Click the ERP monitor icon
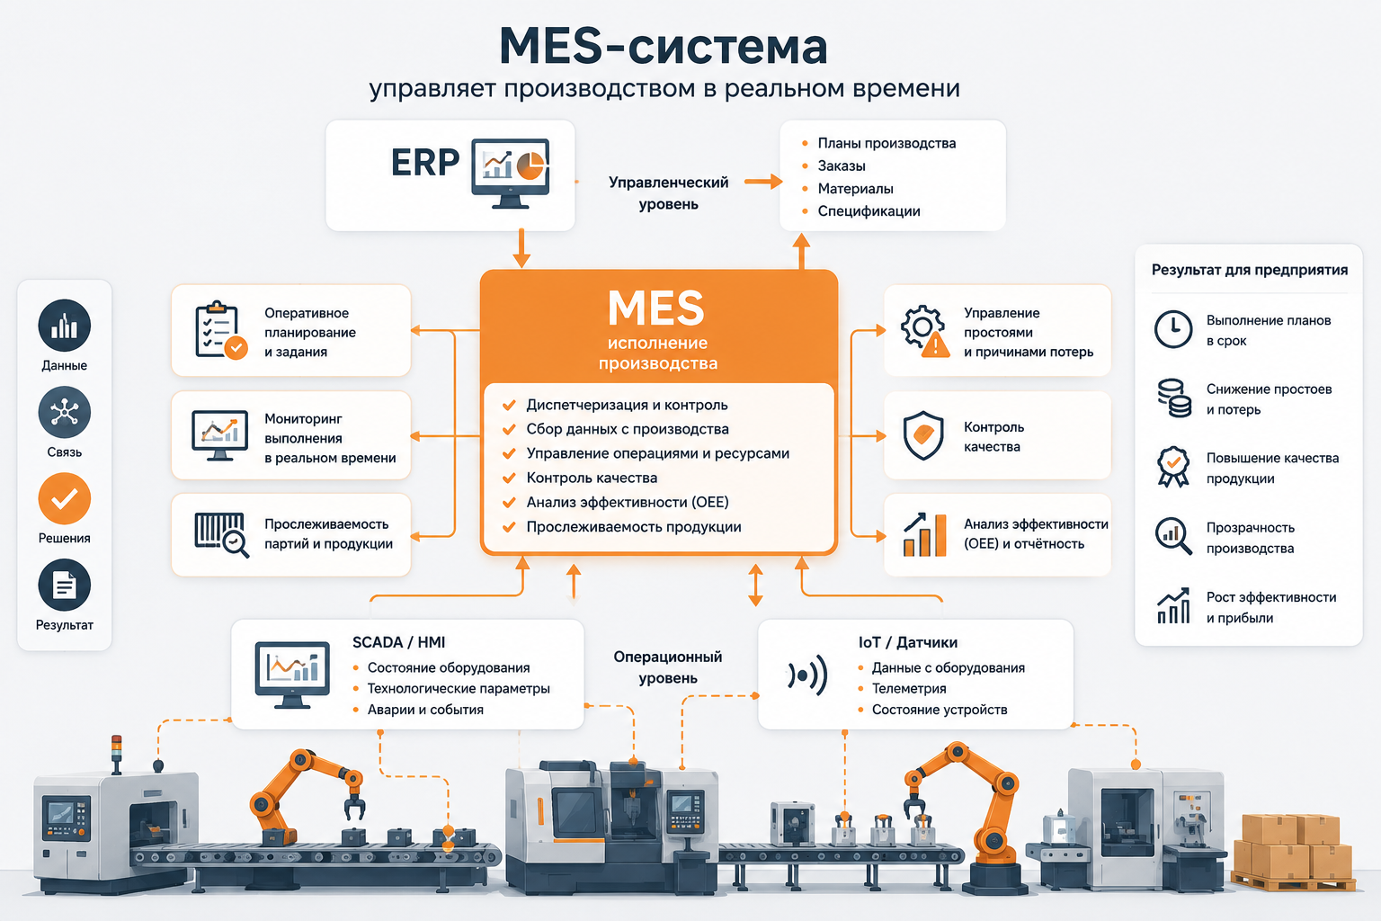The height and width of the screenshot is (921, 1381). (x=510, y=174)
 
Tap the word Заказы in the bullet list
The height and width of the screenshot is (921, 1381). (x=841, y=165)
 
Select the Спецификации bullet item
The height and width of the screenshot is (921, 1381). (x=869, y=211)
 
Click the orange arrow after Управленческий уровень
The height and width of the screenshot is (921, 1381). (x=763, y=182)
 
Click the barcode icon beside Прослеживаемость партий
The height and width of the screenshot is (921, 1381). (x=221, y=534)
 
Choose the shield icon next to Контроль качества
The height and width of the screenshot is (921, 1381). (x=923, y=436)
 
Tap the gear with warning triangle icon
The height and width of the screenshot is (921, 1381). (x=925, y=331)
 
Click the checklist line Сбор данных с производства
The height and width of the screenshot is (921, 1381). (x=627, y=429)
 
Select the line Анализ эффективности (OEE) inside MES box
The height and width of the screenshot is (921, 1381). (x=627, y=502)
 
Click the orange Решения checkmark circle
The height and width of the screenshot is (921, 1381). (x=64, y=498)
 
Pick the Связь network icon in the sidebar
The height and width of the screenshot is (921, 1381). (x=64, y=412)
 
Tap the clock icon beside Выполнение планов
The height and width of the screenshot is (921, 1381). (x=1172, y=329)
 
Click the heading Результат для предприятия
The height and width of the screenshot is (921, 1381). (x=1249, y=270)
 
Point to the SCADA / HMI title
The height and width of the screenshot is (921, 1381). (x=398, y=642)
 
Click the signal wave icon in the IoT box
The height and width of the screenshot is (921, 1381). (x=807, y=675)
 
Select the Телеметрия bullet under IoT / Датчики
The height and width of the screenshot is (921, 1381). (x=908, y=688)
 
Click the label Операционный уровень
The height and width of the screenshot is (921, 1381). (x=668, y=667)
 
